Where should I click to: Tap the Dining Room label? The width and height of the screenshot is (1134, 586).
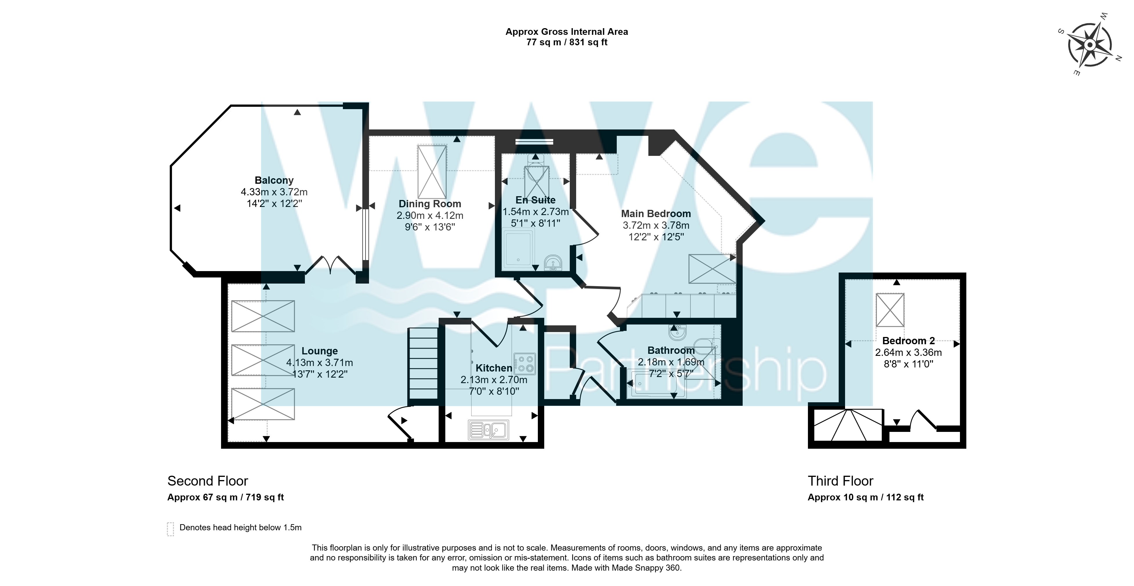coord(430,204)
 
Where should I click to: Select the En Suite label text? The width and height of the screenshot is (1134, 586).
coord(535,200)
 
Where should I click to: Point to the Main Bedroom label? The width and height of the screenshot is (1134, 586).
coord(656,214)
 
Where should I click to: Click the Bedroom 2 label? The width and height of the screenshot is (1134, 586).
coord(909,341)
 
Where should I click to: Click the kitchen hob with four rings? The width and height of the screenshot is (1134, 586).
coord(524,364)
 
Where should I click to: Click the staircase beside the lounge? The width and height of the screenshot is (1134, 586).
coord(423,364)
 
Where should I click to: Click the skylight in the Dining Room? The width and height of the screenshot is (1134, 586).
coord(432,172)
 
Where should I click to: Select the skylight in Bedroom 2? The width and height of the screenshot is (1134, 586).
coord(890,310)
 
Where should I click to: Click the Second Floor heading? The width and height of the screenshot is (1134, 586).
coord(208,481)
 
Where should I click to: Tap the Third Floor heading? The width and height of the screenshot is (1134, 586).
coord(840,481)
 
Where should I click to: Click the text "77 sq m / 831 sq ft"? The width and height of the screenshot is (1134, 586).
coord(567,42)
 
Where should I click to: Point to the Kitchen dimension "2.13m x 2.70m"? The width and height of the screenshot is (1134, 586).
coord(494,380)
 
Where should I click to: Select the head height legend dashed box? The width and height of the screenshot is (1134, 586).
coord(170,529)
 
